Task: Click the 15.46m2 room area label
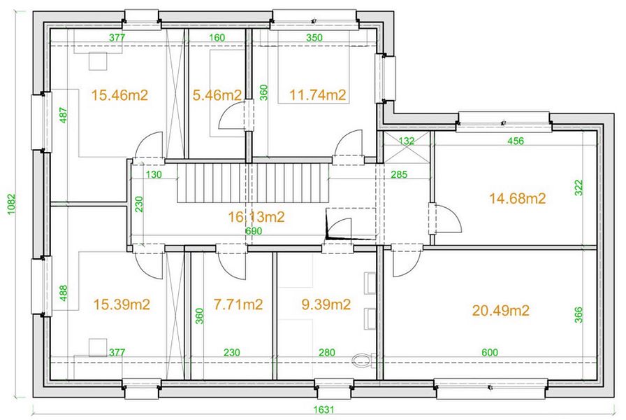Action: point(119,95)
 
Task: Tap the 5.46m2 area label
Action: point(217,95)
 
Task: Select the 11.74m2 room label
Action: point(318,95)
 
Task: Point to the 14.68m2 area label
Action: point(518,198)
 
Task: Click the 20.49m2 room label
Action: point(501,310)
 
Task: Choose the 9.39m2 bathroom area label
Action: point(326,304)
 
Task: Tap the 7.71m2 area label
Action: point(238,304)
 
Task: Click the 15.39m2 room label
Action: point(122,304)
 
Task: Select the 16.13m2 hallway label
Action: point(256,217)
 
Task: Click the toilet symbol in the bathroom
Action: point(364,360)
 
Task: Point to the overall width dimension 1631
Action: point(323,409)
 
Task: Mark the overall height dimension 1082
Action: point(12,204)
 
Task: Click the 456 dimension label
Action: point(516,141)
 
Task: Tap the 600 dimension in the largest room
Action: point(490,352)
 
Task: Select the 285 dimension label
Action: point(399,174)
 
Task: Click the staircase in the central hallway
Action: point(253,183)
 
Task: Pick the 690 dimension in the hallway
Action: point(254,231)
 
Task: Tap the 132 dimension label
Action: point(407,141)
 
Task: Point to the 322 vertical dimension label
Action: point(578,188)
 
